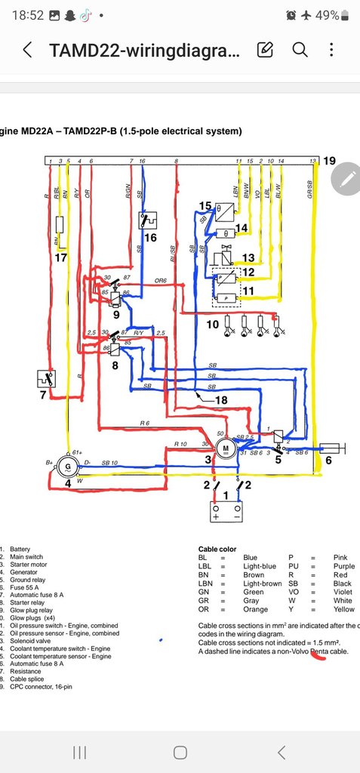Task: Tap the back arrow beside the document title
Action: point(27,51)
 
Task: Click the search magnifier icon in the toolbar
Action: point(300,50)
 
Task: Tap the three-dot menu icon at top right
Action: point(332,50)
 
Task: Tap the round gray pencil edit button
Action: point(347,179)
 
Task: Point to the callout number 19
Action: point(330,162)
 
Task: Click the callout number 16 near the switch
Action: point(151,238)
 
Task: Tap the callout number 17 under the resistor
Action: point(62,257)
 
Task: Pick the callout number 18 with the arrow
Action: point(220,399)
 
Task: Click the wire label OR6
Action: point(160,281)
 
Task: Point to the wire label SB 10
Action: point(110,462)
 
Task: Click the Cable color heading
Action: point(217,549)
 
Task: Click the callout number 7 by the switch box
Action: point(43,395)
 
